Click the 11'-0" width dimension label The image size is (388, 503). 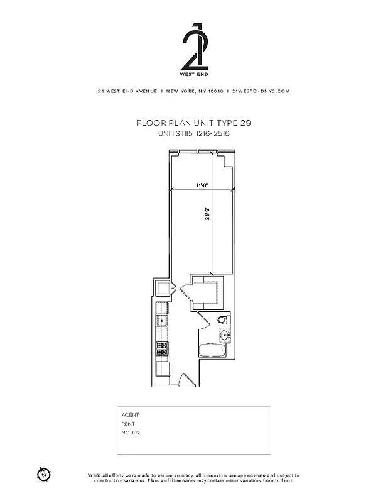(x=201, y=185)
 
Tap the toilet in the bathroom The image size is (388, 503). (x=223, y=321)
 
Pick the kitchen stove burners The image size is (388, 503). (x=162, y=348)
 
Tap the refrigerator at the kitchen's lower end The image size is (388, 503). (x=163, y=368)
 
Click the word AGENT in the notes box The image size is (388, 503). (x=130, y=415)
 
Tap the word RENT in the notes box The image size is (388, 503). (x=128, y=424)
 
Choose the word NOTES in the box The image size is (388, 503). (x=130, y=433)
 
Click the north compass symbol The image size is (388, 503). (x=43, y=473)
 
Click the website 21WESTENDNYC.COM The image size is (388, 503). (x=261, y=91)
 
